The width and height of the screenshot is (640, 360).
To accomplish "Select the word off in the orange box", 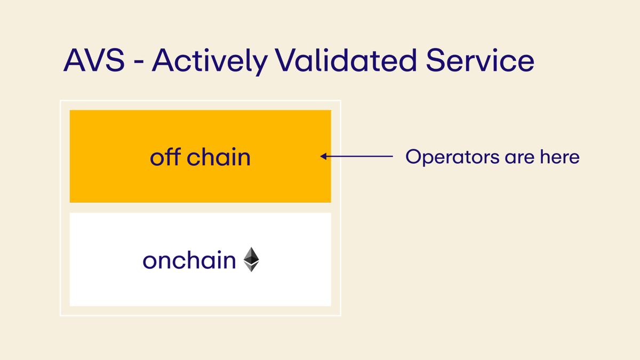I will pyautogui.click(x=163, y=157).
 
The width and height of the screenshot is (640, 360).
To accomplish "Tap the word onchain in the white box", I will pyautogui.click(x=189, y=260).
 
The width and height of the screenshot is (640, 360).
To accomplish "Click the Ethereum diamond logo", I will pyautogui.click(x=251, y=259).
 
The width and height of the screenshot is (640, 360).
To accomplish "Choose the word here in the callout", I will pyautogui.click(x=559, y=157).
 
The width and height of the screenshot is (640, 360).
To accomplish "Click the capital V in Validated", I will pyautogui.click(x=286, y=60).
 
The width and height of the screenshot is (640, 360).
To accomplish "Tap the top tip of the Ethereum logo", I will pyautogui.click(x=251, y=248).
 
